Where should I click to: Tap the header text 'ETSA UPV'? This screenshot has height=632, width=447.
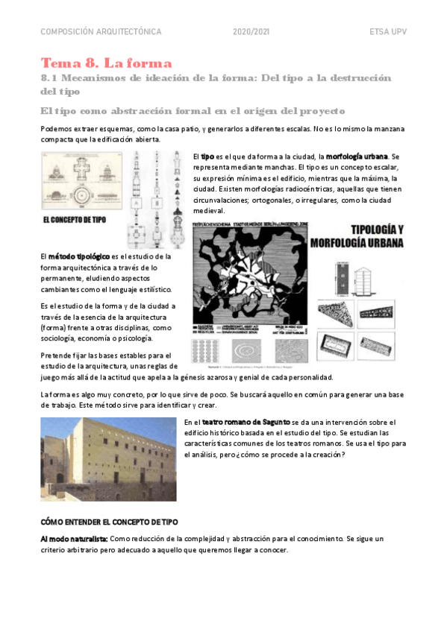388,32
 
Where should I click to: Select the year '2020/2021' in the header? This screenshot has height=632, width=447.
250,32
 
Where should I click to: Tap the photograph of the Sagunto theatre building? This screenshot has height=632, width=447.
108,458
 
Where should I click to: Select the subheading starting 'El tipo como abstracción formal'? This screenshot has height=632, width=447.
193,111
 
